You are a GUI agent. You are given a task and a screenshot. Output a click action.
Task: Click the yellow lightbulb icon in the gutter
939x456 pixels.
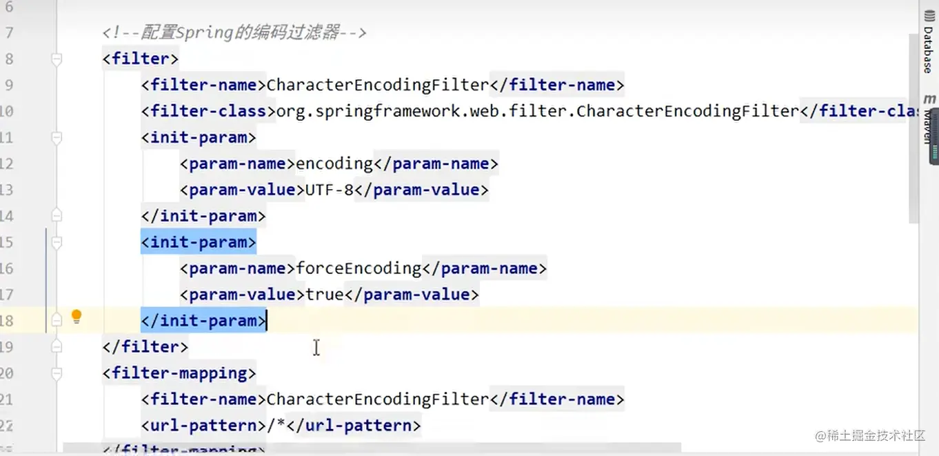pyautogui.click(x=77, y=317)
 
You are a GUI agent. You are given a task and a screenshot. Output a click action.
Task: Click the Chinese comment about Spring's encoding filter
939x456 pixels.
pyautogui.click(x=234, y=32)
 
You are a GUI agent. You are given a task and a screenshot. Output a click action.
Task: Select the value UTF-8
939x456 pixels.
pyautogui.click(x=329, y=190)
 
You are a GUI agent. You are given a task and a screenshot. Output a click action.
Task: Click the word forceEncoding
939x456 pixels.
pyautogui.click(x=359, y=268)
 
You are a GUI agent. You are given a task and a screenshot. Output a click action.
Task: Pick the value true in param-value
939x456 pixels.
pyautogui.click(x=325, y=295)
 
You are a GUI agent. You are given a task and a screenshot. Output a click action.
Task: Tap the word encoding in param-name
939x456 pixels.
pyautogui.click(x=334, y=163)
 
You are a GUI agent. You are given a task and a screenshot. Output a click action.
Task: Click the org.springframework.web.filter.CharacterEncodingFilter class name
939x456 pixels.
pyautogui.click(x=537, y=111)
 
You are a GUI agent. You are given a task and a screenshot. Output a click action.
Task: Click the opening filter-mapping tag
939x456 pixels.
pyautogui.click(x=179, y=373)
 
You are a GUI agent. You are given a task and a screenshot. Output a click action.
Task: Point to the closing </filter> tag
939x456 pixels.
pyautogui.click(x=145, y=347)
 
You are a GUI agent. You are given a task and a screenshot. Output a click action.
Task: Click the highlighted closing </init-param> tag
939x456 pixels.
pyautogui.click(x=203, y=321)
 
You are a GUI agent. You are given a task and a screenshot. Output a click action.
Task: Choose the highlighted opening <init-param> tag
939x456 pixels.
pyautogui.click(x=199, y=242)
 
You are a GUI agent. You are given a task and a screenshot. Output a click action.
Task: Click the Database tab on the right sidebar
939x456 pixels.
pyautogui.click(x=928, y=50)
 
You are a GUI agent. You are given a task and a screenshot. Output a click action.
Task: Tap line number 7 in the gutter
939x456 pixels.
pyautogui.click(x=9, y=32)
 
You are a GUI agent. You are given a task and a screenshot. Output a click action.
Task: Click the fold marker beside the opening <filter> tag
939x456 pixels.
pyautogui.click(x=57, y=59)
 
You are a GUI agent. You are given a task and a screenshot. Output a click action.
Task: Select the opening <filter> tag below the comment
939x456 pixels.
pyautogui.click(x=141, y=59)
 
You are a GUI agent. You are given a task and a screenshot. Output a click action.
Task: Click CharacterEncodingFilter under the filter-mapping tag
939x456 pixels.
pyautogui.click(x=377, y=399)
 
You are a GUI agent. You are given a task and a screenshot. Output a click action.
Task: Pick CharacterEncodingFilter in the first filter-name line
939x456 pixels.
pyautogui.click(x=377, y=85)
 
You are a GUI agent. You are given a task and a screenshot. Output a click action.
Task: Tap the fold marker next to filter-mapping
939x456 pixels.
pyautogui.click(x=57, y=374)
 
